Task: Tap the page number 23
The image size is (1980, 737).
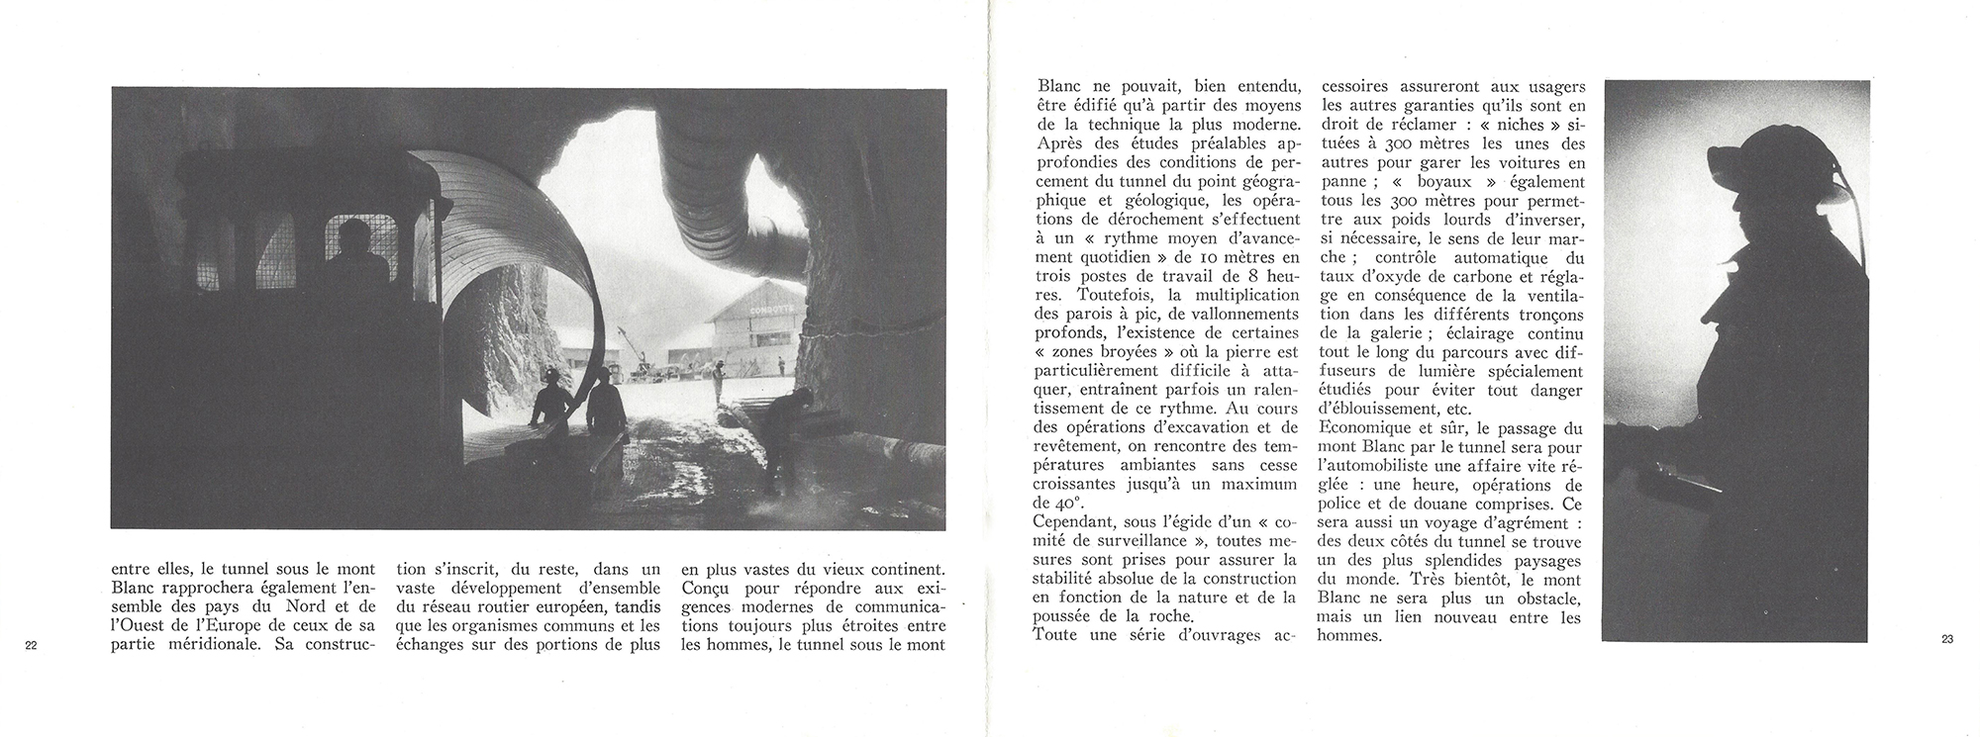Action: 1947,640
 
